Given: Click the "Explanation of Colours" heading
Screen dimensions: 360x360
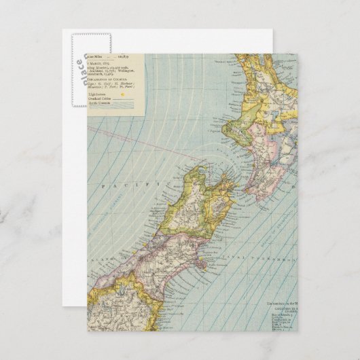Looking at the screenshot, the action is pyautogui.click(x=113, y=80).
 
